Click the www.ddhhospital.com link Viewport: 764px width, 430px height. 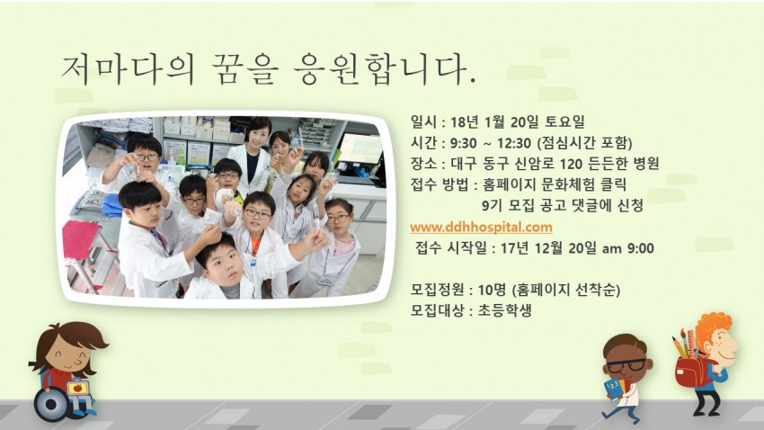click(481, 227)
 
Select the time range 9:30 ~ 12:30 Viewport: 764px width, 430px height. click(489, 143)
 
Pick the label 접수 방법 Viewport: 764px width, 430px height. click(440, 184)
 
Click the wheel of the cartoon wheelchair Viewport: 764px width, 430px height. click(50, 404)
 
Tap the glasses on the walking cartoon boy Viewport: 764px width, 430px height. click(626, 365)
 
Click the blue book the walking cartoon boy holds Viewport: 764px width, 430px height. click(612, 390)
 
